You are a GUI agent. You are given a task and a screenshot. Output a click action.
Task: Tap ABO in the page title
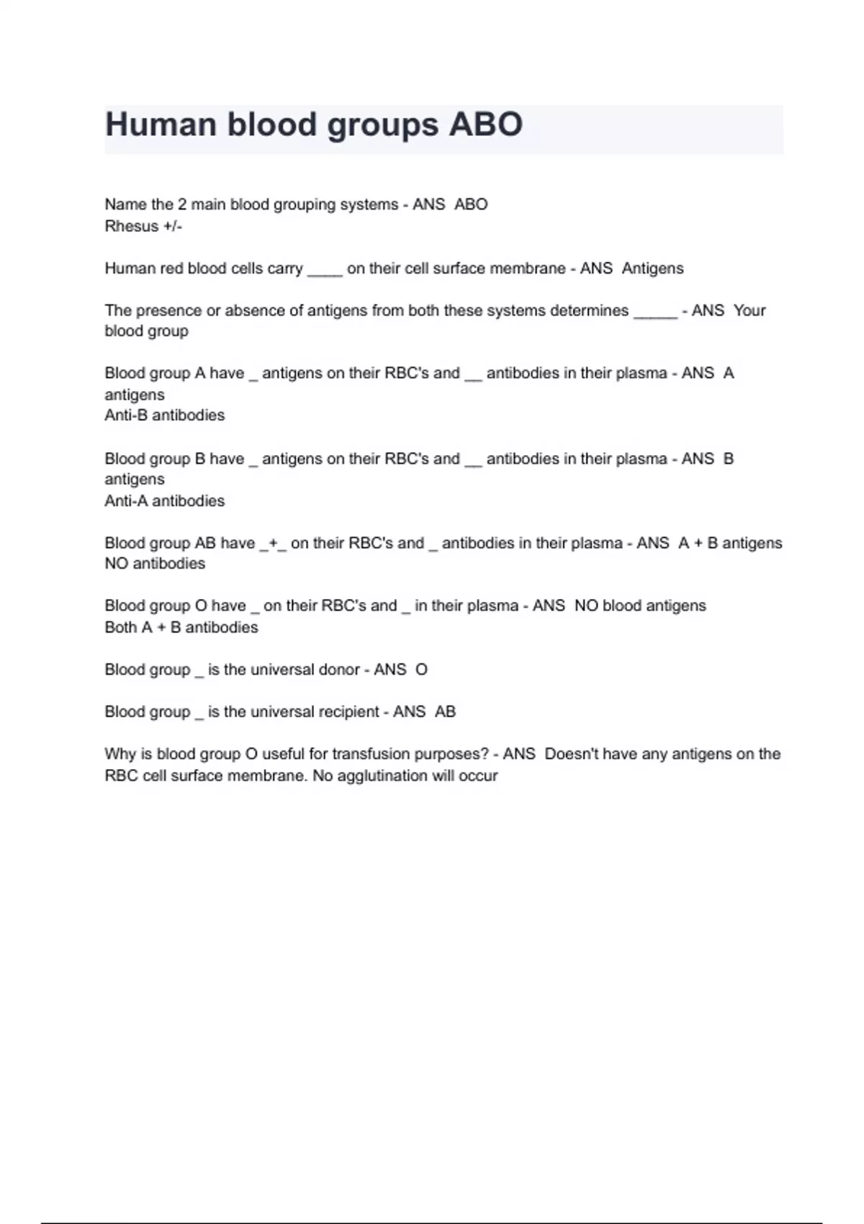486,125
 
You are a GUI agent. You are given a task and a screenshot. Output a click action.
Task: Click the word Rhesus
131,226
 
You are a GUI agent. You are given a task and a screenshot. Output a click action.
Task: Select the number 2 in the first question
182,204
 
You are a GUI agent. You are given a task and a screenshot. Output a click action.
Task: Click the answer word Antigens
652,269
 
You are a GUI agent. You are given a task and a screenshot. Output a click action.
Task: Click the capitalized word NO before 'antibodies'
117,564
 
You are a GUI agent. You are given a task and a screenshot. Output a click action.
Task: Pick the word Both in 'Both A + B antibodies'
120,628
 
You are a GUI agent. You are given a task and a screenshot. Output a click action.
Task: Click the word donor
339,670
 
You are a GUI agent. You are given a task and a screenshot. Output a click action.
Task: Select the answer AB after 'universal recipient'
445,712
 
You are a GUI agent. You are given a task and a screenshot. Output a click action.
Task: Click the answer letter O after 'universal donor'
422,670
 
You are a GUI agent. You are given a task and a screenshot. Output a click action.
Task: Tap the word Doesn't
571,755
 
